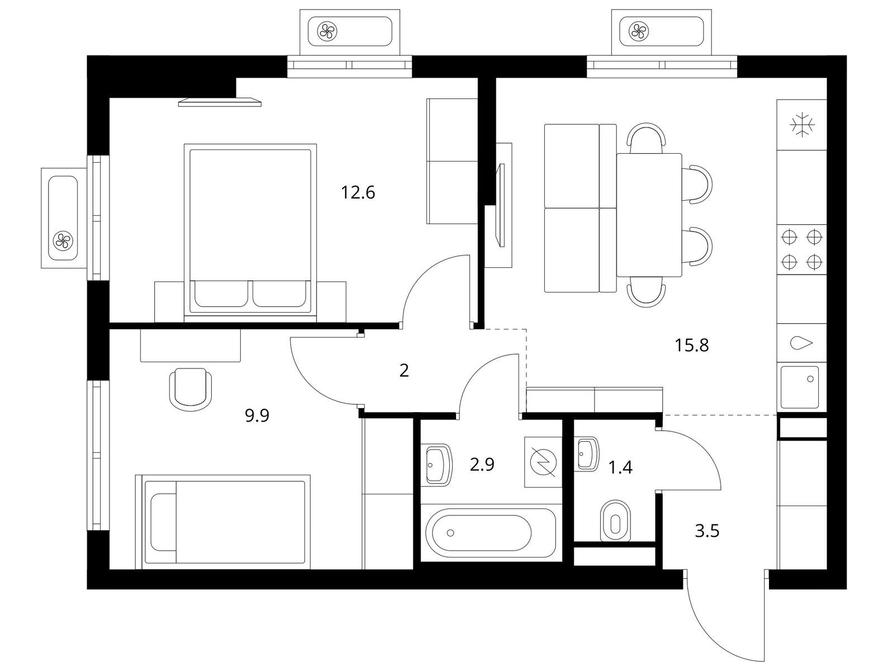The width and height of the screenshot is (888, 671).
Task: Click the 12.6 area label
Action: [358, 193]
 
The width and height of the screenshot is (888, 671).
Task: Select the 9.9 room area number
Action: [257, 415]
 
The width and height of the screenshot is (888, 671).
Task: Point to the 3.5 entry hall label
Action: [707, 531]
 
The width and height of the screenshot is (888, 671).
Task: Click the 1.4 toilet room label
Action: [620, 468]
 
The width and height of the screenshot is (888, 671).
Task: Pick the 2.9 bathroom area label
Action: [482, 465]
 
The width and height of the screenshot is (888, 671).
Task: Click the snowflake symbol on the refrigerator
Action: [802, 125]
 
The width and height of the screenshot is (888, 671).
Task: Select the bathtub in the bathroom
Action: [489, 532]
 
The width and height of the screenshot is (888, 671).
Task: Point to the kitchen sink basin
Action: [800, 388]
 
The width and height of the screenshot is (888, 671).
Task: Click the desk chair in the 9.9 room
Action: [191, 389]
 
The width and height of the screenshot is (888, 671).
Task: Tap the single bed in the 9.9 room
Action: [223, 522]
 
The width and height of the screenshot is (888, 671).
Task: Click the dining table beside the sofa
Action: [649, 215]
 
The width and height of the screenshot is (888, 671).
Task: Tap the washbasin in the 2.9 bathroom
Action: [439, 465]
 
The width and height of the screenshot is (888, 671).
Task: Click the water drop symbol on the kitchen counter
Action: [801, 343]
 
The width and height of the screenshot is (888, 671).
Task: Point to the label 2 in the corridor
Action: [403, 370]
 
